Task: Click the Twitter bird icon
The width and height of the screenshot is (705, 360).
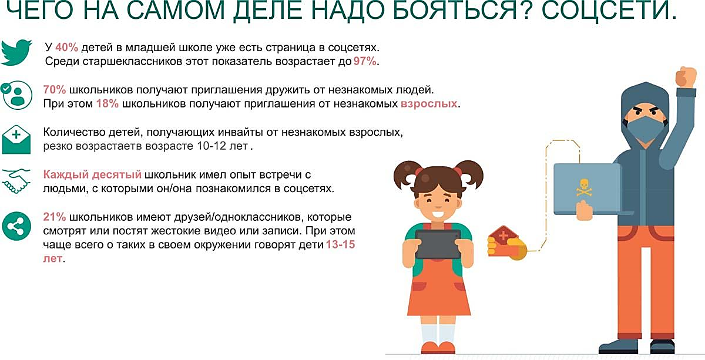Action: tap(16, 53)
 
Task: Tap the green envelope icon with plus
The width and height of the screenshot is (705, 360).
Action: tap(17, 139)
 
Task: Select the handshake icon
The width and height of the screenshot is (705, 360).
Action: tap(16, 181)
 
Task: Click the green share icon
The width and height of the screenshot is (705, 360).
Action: tap(16, 226)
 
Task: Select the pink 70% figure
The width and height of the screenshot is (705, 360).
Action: tap(55, 90)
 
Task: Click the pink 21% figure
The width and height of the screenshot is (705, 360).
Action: tap(54, 217)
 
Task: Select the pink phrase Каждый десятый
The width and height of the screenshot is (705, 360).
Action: tap(92, 175)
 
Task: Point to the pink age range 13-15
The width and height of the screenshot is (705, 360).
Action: tap(340, 245)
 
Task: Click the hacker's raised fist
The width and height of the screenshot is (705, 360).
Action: tap(684, 76)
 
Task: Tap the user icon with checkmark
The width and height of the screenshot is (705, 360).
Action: tap(17, 95)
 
